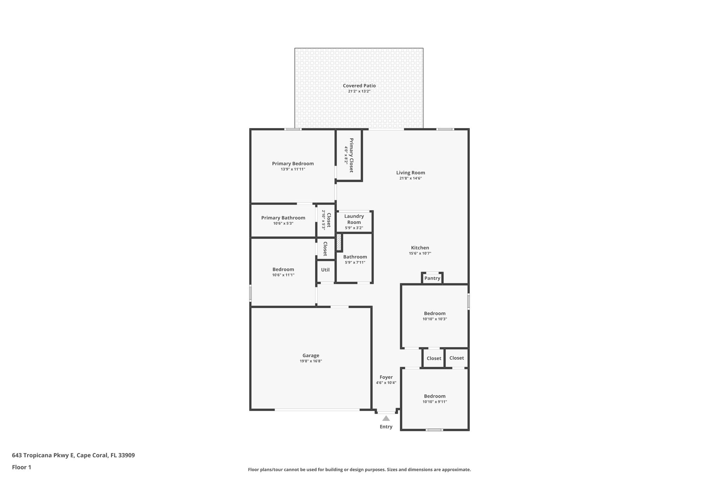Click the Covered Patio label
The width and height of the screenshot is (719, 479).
(x=359, y=86)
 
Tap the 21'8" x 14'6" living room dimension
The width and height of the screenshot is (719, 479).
(x=410, y=178)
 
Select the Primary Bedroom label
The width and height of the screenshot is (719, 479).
(x=293, y=164)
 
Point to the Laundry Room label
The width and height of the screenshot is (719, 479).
(x=354, y=219)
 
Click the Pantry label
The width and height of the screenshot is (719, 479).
(x=432, y=278)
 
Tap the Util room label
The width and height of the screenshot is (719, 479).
(x=325, y=270)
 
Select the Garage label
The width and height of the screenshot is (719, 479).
(x=311, y=355)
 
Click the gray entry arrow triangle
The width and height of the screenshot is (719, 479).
(x=386, y=418)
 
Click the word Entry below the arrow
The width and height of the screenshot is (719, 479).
(x=386, y=427)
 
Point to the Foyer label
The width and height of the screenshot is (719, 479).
(x=386, y=377)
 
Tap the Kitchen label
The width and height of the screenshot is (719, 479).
(x=420, y=248)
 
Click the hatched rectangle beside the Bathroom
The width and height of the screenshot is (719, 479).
(x=339, y=242)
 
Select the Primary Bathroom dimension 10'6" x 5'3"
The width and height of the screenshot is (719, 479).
(x=283, y=224)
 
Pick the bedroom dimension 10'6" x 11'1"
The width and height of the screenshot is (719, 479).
(x=283, y=275)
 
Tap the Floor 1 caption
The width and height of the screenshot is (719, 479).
(x=21, y=467)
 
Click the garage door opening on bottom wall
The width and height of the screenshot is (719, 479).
(x=317, y=410)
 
